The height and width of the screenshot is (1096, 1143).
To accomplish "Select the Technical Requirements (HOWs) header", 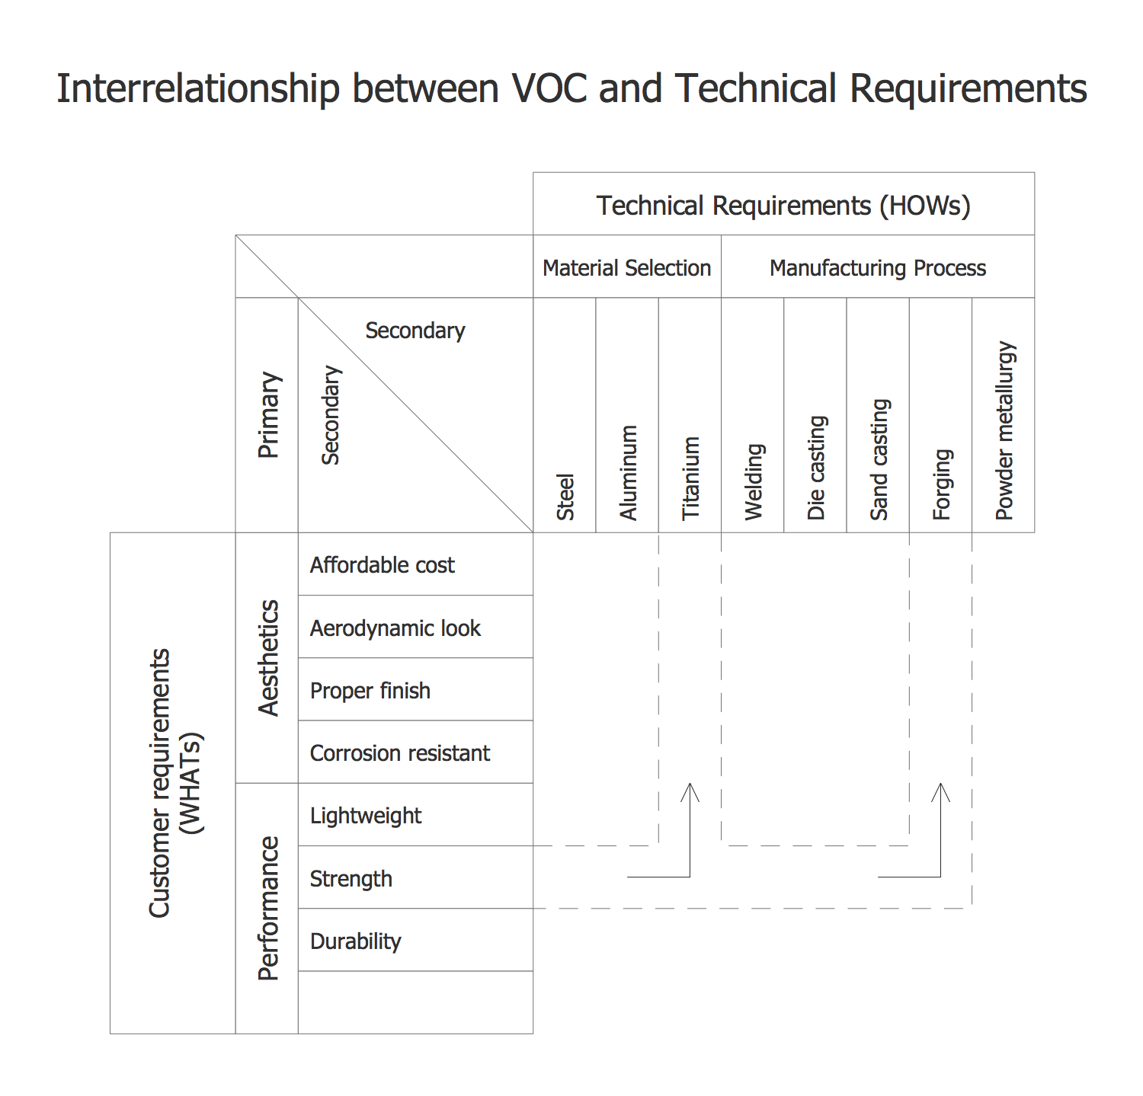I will [783, 206].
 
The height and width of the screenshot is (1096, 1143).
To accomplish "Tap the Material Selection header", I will [626, 268].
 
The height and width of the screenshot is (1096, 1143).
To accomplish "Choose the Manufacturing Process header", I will [877, 268].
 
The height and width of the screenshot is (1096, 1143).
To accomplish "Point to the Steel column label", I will [565, 497].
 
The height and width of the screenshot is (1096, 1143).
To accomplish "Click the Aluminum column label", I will [628, 472].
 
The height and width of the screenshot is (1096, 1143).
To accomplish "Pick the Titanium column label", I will [690, 478].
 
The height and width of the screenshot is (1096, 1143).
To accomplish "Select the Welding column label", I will [753, 481].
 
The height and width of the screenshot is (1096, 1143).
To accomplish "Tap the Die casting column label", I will [816, 468].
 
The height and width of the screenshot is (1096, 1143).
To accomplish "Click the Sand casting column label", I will [879, 459].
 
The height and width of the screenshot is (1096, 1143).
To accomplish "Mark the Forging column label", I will [942, 484].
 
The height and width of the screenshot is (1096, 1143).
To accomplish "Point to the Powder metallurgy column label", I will [1004, 430].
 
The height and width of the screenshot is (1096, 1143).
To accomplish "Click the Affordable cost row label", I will [382, 565].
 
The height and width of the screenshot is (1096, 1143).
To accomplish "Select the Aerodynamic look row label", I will [395, 628].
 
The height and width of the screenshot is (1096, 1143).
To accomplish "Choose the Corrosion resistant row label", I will [399, 753].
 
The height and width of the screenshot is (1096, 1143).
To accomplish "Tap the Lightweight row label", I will [365, 816].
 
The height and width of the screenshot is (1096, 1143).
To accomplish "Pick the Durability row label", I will [355, 941].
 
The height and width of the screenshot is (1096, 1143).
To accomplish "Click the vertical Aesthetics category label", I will [268, 657].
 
